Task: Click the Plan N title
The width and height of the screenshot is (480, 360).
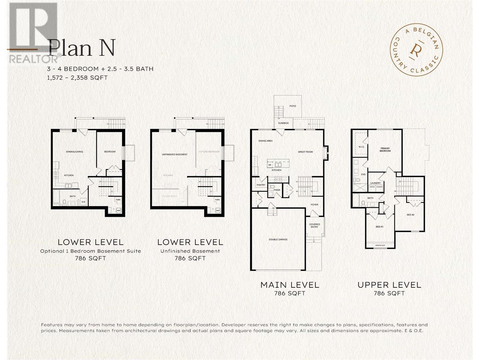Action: click(x=82, y=49)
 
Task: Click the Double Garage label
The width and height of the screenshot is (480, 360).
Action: click(x=278, y=240)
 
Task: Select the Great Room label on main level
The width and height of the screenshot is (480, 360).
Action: click(x=305, y=152)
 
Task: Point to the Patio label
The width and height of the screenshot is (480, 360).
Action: click(x=292, y=106)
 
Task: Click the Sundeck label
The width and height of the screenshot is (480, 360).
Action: click(x=283, y=123)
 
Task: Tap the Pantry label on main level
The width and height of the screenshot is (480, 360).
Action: click(x=261, y=185)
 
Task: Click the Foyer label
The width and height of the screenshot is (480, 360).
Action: click(x=314, y=205)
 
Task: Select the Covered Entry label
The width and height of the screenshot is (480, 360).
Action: click(x=314, y=226)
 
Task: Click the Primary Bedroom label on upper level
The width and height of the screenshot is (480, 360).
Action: click(x=385, y=150)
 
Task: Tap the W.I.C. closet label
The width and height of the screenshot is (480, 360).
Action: click(x=361, y=147)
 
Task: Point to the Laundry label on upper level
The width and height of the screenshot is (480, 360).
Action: click(x=375, y=183)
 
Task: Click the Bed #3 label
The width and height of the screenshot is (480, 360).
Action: click(x=379, y=227)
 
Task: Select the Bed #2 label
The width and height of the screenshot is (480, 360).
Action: click(x=410, y=215)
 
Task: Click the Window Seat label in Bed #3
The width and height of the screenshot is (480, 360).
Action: click(x=380, y=245)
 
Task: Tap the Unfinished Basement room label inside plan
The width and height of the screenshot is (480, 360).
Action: click(x=175, y=154)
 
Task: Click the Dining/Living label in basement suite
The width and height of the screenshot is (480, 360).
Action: click(x=74, y=152)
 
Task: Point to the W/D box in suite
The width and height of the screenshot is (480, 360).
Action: click(x=83, y=202)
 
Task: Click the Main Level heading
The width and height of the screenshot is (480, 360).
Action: click(x=289, y=285)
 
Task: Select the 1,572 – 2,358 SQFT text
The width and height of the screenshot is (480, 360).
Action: click(x=77, y=78)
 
